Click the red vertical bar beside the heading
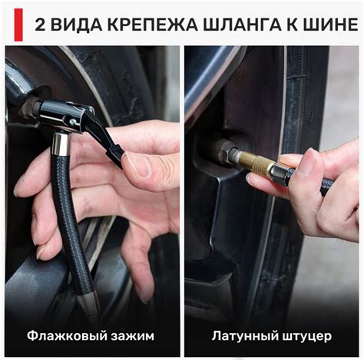18,25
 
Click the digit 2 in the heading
38,25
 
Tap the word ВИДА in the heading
73,25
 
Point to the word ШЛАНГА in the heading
228,25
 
